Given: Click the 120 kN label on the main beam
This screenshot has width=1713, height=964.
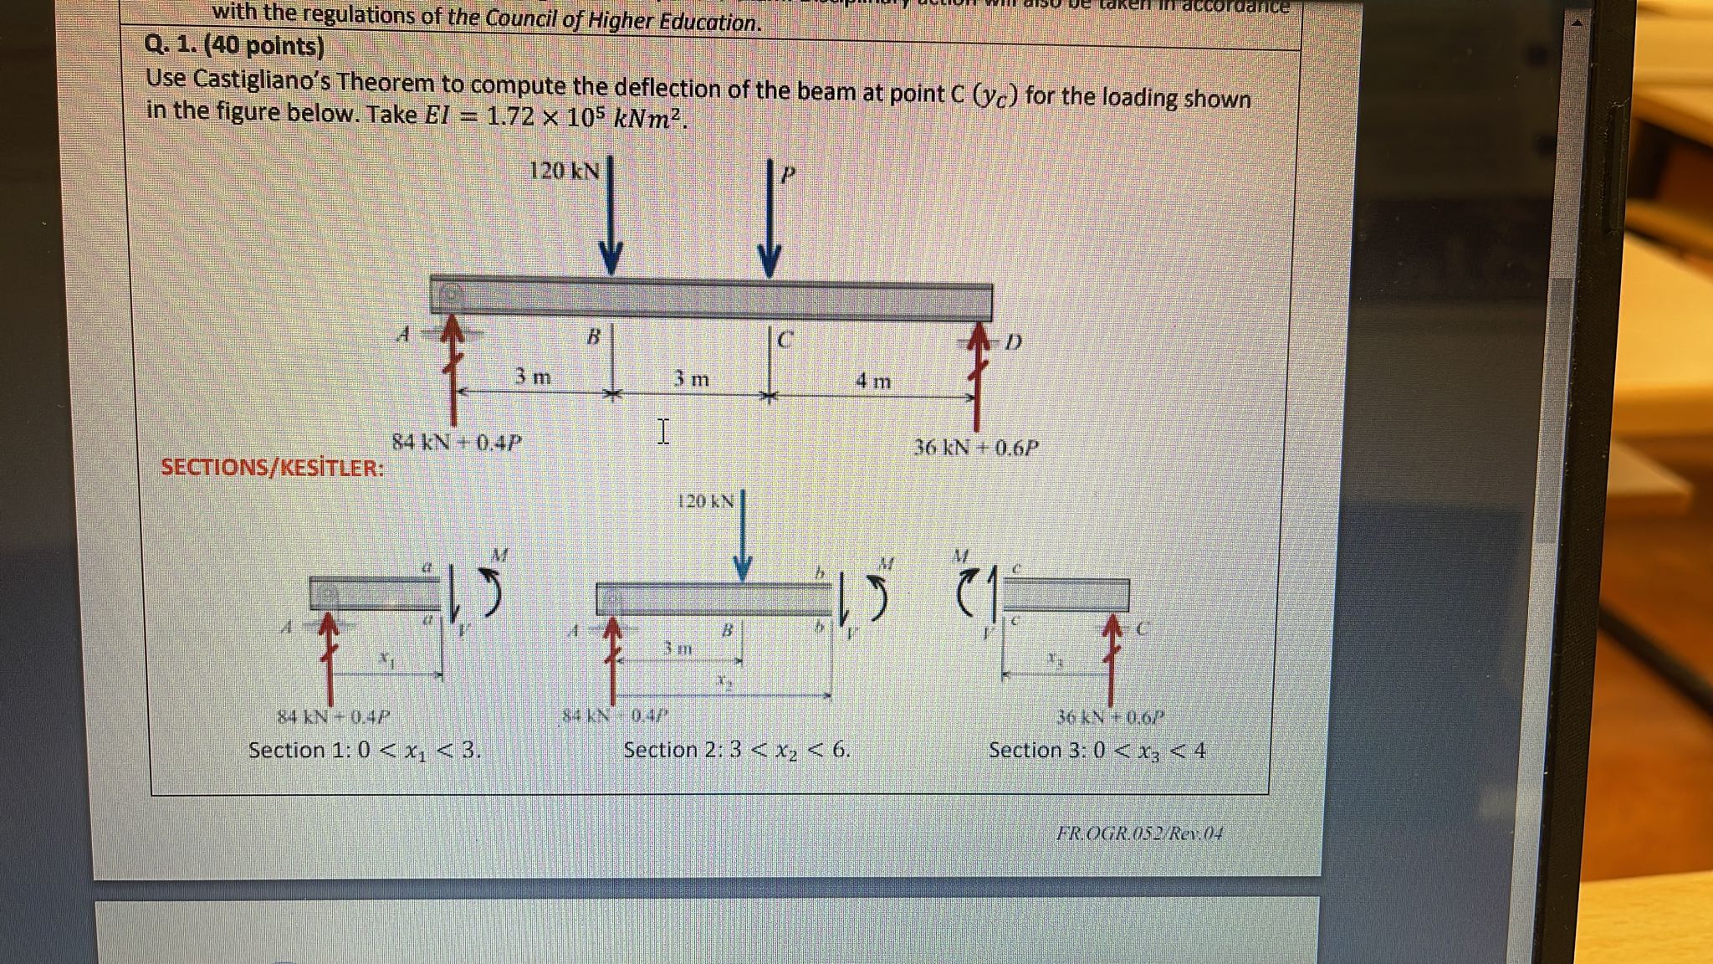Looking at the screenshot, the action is [564, 172].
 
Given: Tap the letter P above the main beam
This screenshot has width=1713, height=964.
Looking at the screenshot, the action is [787, 175].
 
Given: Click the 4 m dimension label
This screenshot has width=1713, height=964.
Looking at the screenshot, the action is [872, 382].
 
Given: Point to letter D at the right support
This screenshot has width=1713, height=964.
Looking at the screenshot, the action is [1013, 342].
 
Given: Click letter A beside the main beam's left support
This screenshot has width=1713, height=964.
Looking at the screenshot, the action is [403, 336].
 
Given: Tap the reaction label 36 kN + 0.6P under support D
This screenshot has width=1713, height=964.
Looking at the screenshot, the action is [975, 448].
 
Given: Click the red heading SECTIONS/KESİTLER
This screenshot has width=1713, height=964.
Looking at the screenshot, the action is [273, 467].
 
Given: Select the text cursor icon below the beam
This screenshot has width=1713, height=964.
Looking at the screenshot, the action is [662, 432].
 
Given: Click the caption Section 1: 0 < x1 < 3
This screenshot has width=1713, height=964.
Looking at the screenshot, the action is [365, 750].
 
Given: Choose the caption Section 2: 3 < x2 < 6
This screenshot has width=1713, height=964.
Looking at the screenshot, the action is [736, 750].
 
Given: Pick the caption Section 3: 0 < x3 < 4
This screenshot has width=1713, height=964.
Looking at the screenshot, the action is [1097, 750].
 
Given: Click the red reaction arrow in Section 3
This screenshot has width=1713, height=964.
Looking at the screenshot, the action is [1111, 661].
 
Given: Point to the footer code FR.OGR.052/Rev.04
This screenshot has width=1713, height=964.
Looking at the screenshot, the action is [1139, 833].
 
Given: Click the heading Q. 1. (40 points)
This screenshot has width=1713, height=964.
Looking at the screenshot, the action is [234, 45].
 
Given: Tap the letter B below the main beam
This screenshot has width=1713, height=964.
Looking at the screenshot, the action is [593, 336].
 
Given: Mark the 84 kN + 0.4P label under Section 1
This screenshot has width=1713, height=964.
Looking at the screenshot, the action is [334, 717].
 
